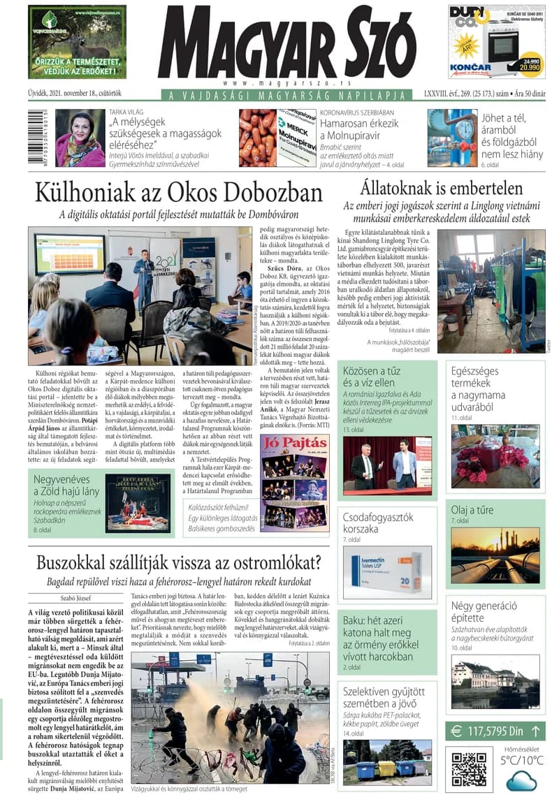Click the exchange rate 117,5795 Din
pyautogui.click(x=495, y=731)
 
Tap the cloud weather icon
pyautogui.click(x=521, y=780)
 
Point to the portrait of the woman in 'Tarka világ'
pyautogui.click(x=80, y=138)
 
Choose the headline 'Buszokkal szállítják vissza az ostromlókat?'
pyautogui.click(x=178, y=563)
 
